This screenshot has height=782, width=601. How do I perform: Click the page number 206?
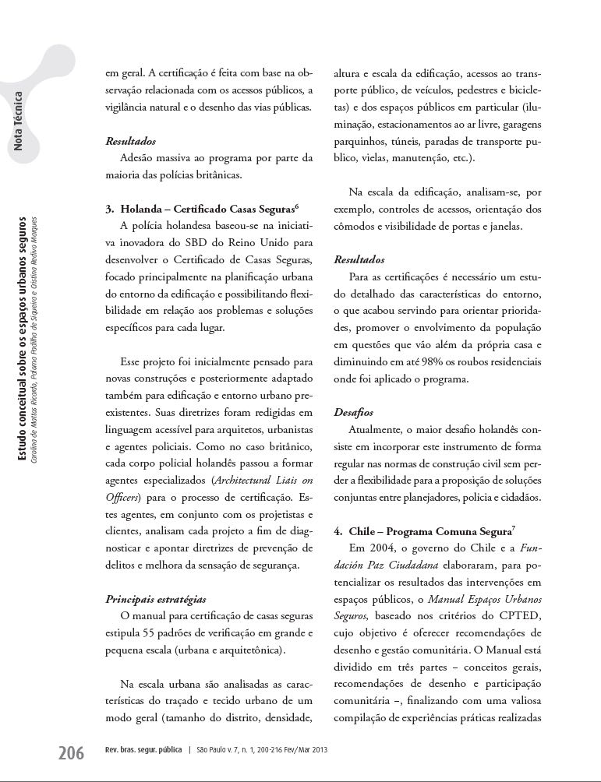(x=71, y=753)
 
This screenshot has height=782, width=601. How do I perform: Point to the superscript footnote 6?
(x=297, y=206)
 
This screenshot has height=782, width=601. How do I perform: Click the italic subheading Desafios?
(x=353, y=411)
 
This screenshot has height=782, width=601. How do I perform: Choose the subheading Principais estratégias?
(x=156, y=599)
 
